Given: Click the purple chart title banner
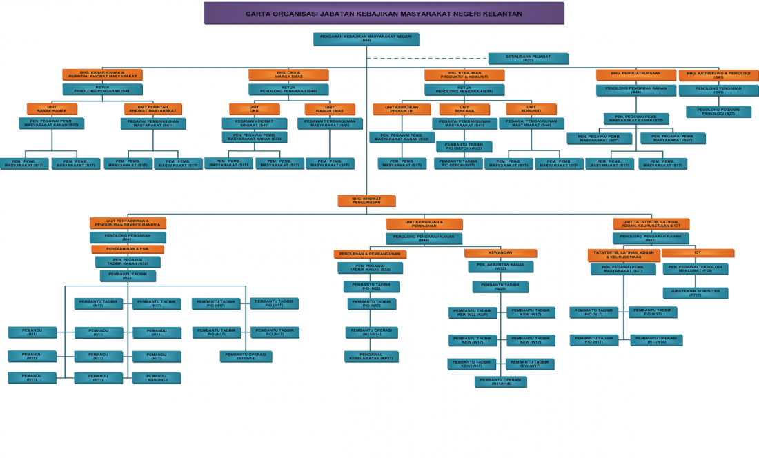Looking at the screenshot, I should point(384,13).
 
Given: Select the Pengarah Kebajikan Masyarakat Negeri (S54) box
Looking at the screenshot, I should point(366,39).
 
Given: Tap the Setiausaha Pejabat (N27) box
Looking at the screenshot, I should point(528,59).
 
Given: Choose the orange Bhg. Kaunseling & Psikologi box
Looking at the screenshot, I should point(718,74).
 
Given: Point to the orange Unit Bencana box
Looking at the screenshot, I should point(464,109).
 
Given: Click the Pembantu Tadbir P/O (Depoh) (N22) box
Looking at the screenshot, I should point(464,146).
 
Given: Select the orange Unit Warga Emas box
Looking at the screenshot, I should point(329,109).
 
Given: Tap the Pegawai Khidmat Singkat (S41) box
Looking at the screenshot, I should point(254,123).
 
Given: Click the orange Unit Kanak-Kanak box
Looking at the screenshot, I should point(52,109).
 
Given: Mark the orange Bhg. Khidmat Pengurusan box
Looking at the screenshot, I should point(366,201).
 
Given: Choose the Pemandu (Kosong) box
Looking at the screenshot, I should point(157,378).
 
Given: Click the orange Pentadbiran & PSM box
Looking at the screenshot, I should point(127,249).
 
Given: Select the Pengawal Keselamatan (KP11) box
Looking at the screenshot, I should point(372,356).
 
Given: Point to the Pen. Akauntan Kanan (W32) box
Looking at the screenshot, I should point(500,266).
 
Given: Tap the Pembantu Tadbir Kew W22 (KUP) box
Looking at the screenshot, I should point(473,312).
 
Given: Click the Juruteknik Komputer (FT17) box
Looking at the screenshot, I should point(695,292).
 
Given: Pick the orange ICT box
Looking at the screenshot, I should point(698,253).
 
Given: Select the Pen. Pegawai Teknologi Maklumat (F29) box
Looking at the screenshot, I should point(695,268).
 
